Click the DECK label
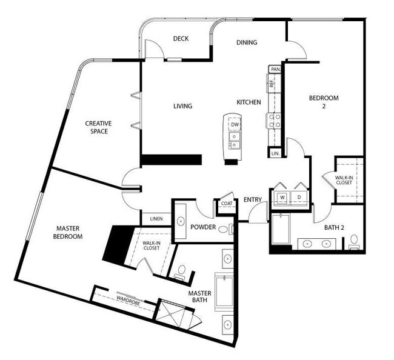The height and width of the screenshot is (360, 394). (181, 39)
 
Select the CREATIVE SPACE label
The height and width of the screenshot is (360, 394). (99, 127)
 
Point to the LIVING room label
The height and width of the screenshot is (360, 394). (182, 106)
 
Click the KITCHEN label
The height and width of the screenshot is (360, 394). (249, 102)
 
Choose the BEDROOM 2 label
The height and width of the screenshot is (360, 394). (324, 102)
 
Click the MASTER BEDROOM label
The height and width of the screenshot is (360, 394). (69, 232)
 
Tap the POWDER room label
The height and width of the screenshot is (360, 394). (203, 227)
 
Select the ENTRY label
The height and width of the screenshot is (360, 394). (252, 200)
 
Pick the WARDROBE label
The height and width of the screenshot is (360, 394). (129, 299)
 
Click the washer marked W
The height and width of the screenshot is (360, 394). (282, 197)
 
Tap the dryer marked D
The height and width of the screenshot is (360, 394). (299, 197)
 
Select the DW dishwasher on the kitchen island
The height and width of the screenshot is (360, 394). (235, 125)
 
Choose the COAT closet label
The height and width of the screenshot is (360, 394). (226, 204)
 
